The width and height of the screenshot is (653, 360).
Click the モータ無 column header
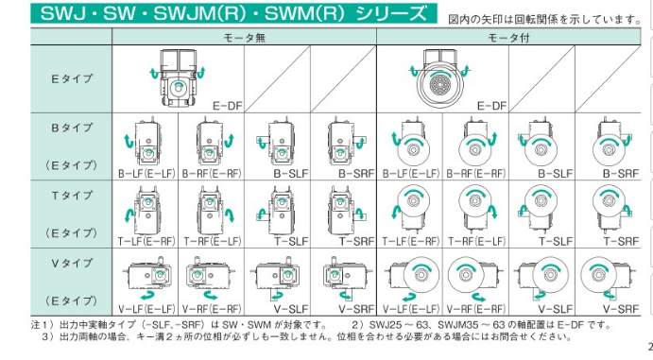(245, 38)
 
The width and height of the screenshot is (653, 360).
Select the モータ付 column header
(508, 38)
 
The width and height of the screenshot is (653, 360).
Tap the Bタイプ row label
(72, 128)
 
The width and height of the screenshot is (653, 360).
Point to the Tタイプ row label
(72, 196)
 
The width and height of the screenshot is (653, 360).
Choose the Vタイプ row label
(72, 263)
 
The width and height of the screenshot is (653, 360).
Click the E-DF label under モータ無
(228, 106)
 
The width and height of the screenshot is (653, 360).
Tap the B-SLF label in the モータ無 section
(291, 174)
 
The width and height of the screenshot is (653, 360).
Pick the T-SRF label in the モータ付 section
(622, 241)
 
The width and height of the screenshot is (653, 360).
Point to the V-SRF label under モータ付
(622, 309)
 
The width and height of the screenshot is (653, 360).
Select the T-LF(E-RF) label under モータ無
(146, 241)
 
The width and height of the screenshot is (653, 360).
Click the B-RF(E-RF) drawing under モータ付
(475, 143)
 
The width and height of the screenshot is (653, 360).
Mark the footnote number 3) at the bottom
(47, 336)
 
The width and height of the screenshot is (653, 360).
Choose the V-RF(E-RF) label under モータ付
(476, 309)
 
